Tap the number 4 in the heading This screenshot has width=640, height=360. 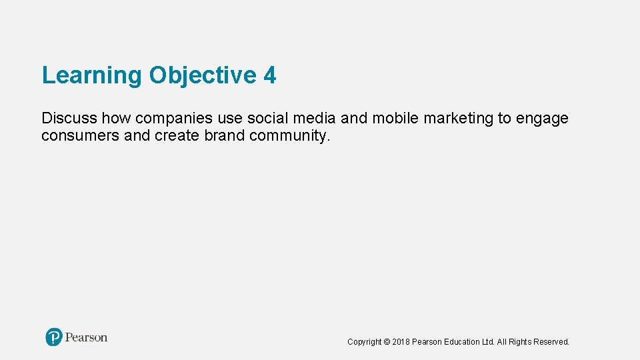click(270, 76)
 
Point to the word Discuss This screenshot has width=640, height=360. click(69, 119)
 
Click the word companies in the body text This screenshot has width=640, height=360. click(173, 119)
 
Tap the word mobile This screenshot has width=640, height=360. click(395, 119)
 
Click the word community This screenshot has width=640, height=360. click(289, 136)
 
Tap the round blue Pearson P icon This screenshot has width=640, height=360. click(54, 337)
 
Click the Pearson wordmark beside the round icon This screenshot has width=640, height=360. click(87, 338)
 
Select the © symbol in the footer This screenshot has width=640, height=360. click(387, 342)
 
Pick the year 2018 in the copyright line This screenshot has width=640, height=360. click(401, 342)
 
